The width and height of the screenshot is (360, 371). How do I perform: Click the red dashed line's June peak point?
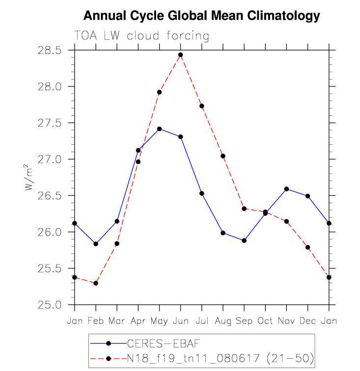(181, 55)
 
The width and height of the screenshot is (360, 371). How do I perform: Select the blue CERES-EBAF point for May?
(160, 129)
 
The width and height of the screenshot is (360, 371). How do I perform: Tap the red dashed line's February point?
(96, 283)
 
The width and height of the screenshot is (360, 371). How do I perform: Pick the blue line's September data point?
(244, 240)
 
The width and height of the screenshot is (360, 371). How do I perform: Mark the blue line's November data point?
(287, 189)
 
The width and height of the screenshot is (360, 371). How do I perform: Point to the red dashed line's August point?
(223, 156)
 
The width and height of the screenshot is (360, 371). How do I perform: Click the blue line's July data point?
(202, 193)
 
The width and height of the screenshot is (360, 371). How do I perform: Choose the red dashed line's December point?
(308, 247)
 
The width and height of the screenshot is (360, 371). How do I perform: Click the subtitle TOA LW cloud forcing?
(141, 36)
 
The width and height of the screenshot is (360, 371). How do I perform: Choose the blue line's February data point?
(96, 244)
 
